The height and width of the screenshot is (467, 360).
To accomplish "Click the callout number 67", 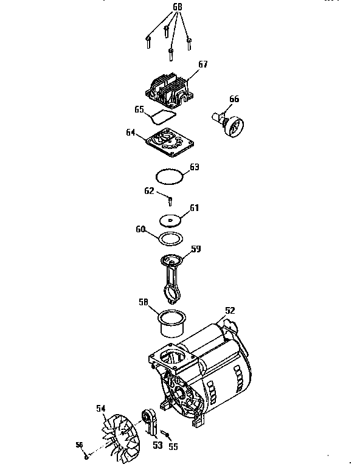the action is (x=203, y=64).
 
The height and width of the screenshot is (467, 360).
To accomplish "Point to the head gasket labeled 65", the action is (x=162, y=117).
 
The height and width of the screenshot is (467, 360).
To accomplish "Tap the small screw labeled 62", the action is (x=170, y=201).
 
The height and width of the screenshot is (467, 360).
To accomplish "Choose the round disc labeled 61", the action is (x=170, y=220).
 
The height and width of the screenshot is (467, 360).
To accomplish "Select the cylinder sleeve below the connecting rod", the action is (x=172, y=323).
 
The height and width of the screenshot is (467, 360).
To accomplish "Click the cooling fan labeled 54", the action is (x=120, y=438).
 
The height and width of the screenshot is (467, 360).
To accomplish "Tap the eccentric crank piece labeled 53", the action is (x=149, y=423).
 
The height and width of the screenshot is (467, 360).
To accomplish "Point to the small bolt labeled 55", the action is (x=165, y=434).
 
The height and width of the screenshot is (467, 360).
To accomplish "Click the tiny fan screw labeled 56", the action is (x=86, y=457).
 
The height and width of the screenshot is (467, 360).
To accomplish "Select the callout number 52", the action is (x=230, y=310).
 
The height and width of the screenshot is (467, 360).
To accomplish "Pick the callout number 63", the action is (x=195, y=167).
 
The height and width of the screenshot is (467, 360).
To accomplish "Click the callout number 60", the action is (x=140, y=229).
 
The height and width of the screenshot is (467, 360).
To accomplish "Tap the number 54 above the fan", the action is (x=101, y=409).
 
